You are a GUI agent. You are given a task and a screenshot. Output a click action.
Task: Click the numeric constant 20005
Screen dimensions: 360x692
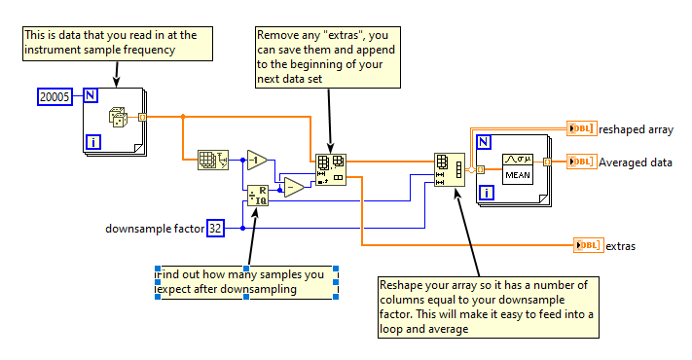54,96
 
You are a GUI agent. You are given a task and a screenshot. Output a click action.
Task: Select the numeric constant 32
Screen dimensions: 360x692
216,228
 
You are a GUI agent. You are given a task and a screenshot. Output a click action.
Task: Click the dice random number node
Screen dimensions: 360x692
116,118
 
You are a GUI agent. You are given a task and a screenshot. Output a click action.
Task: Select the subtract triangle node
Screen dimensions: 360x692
293,188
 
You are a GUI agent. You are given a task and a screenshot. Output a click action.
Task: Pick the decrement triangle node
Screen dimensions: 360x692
257,160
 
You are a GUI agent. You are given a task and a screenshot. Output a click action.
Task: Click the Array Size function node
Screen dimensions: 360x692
210,160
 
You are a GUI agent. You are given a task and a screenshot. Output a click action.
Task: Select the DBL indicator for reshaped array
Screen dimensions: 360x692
581,128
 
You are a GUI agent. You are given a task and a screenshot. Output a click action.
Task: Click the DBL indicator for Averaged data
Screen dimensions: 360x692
581,162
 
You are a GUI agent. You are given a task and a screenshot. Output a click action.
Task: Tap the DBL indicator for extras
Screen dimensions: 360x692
587,246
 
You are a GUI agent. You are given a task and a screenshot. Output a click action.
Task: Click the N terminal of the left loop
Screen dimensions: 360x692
90,96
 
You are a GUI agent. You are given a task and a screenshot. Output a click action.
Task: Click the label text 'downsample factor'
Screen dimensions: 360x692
154,229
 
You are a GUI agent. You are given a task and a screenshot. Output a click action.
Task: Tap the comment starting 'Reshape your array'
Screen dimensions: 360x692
486,306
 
